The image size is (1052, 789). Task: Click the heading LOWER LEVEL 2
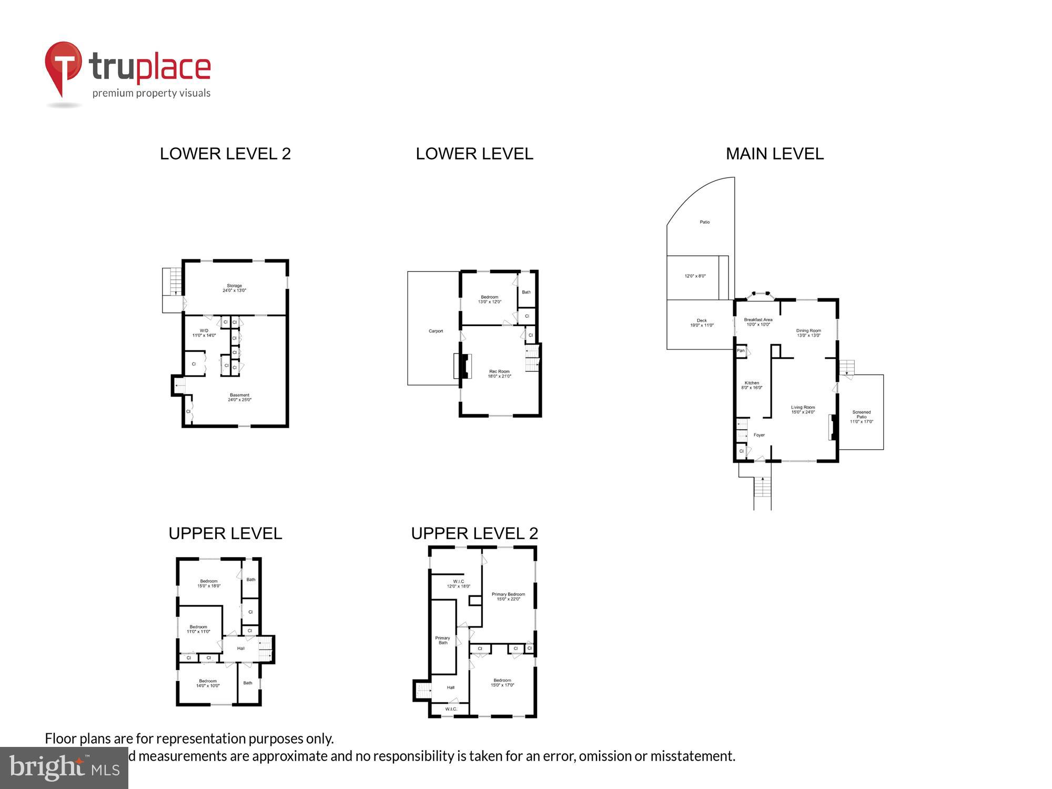click(225, 154)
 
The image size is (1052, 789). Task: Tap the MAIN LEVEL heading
click(774, 154)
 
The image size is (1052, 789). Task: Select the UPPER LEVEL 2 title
click(474, 533)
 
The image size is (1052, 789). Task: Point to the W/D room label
click(204, 333)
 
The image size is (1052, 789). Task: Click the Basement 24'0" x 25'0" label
click(239, 398)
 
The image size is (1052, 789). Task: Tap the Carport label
click(436, 331)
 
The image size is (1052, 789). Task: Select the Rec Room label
click(499, 374)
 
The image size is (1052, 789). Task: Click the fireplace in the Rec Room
click(463, 367)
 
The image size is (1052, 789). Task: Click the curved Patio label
click(704, 222)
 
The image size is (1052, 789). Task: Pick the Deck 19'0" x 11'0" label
click(702, 323)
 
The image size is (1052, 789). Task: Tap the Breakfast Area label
click(758, 322)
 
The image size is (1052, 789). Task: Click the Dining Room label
click(808, 333)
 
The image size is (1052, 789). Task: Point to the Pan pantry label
click(741, 350)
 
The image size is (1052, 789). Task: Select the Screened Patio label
click(861, 417)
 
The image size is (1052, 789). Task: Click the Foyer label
click(759, 435)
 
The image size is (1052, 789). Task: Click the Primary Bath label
click(442, 640)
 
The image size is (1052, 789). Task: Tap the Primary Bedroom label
click(508, 596)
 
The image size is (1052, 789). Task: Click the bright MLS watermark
click(64, 768)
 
